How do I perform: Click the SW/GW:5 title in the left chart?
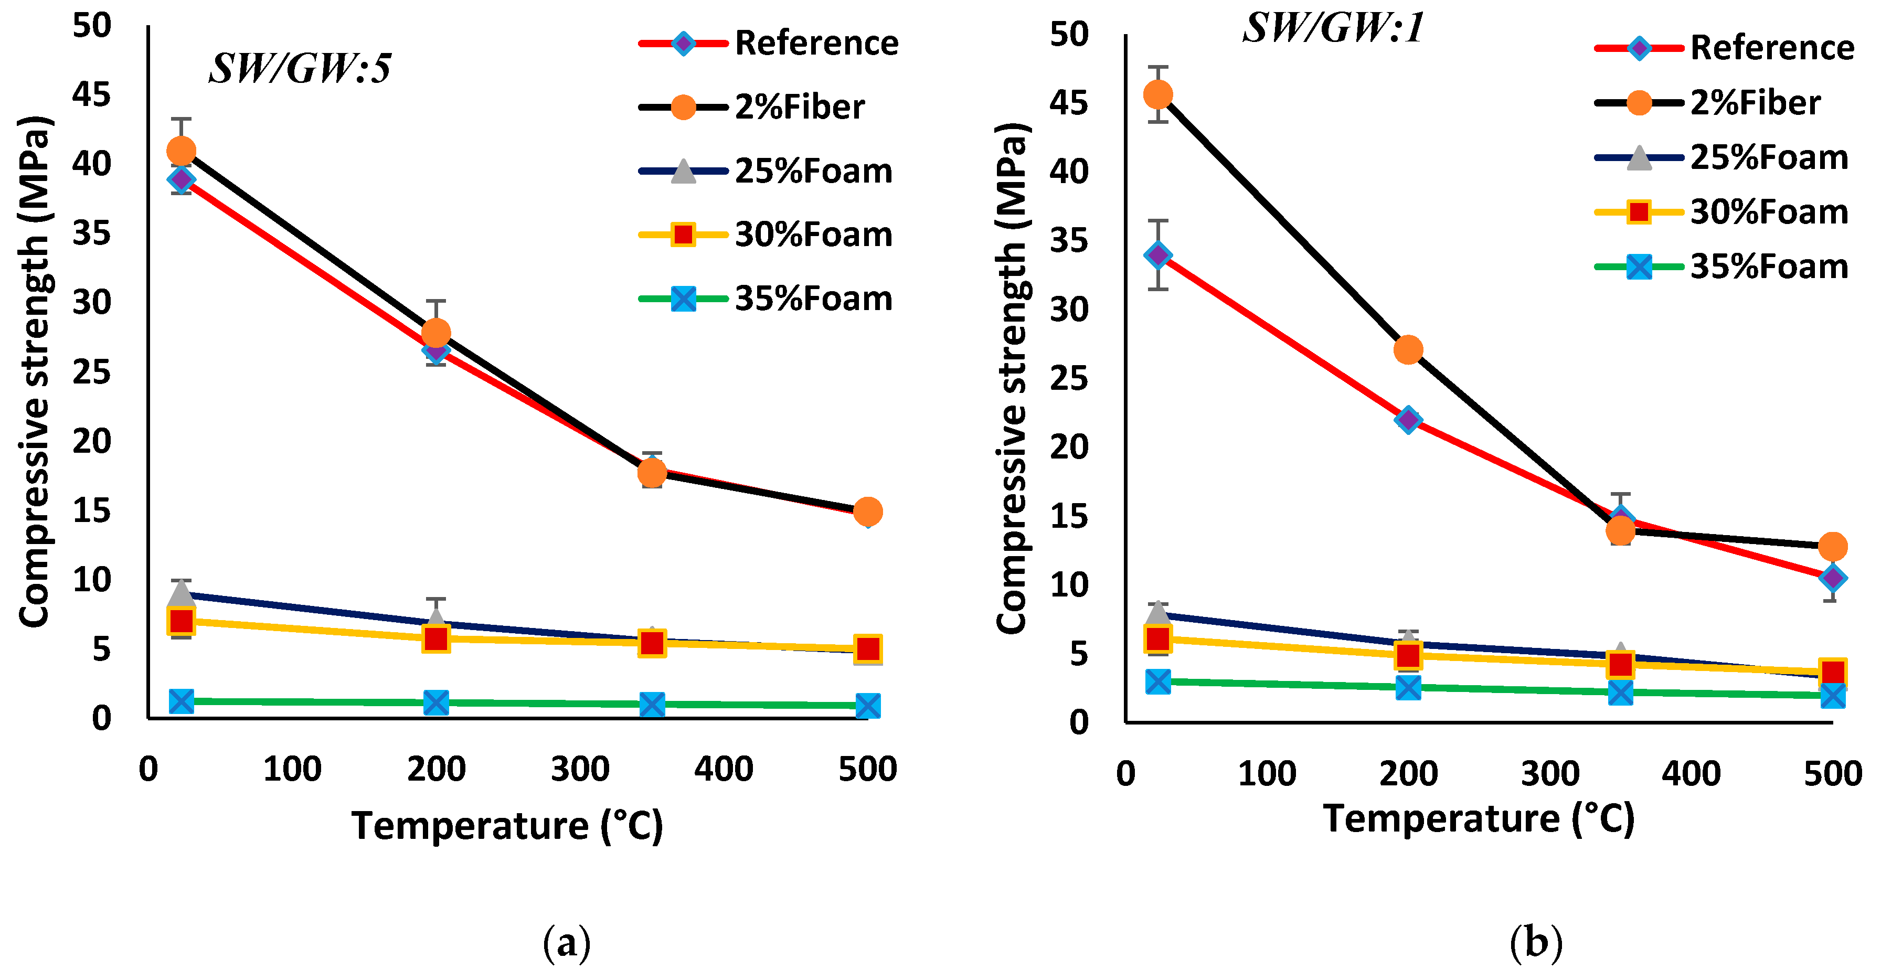pyautogui.click(x=300, y=69)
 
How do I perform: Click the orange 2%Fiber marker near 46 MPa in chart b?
pyautogui.click(x=1158, y=94)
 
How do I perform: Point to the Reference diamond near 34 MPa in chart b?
pyautogui.click(x=1158, y=255)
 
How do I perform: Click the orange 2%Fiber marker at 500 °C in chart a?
pyautogui.click(x=867, y=512)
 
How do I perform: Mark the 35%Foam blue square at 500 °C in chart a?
pyautogui.click(x=867, y=706)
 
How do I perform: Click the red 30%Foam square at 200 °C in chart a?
pyautogui.click(x=436, y=639)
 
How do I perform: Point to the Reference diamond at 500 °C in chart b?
pyautogui.click(x=1833, y=578)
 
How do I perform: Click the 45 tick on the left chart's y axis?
pyautogui.click(x=91, y=95)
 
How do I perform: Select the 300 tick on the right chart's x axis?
pyautogui.click(x=1550, y=774)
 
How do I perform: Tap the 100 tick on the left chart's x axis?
pyautogui.click(x=292, y=770)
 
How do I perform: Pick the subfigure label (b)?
pyautogui.click(x=1536, y=943)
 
